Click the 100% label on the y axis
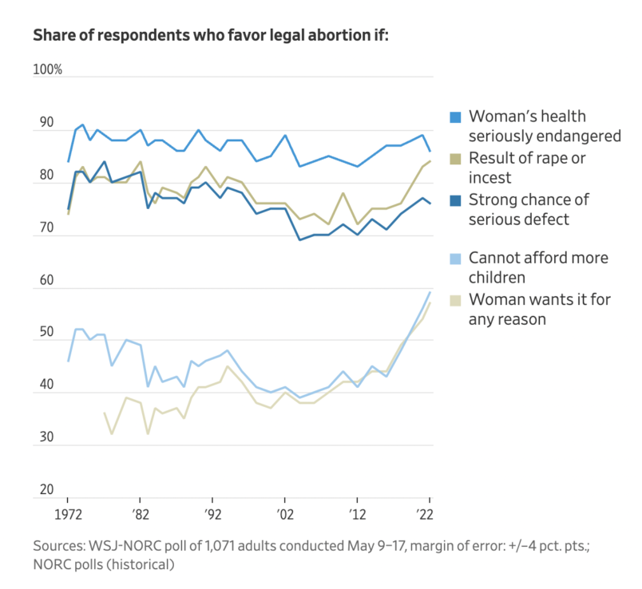47,70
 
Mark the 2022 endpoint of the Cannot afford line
430,291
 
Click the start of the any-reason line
105,413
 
